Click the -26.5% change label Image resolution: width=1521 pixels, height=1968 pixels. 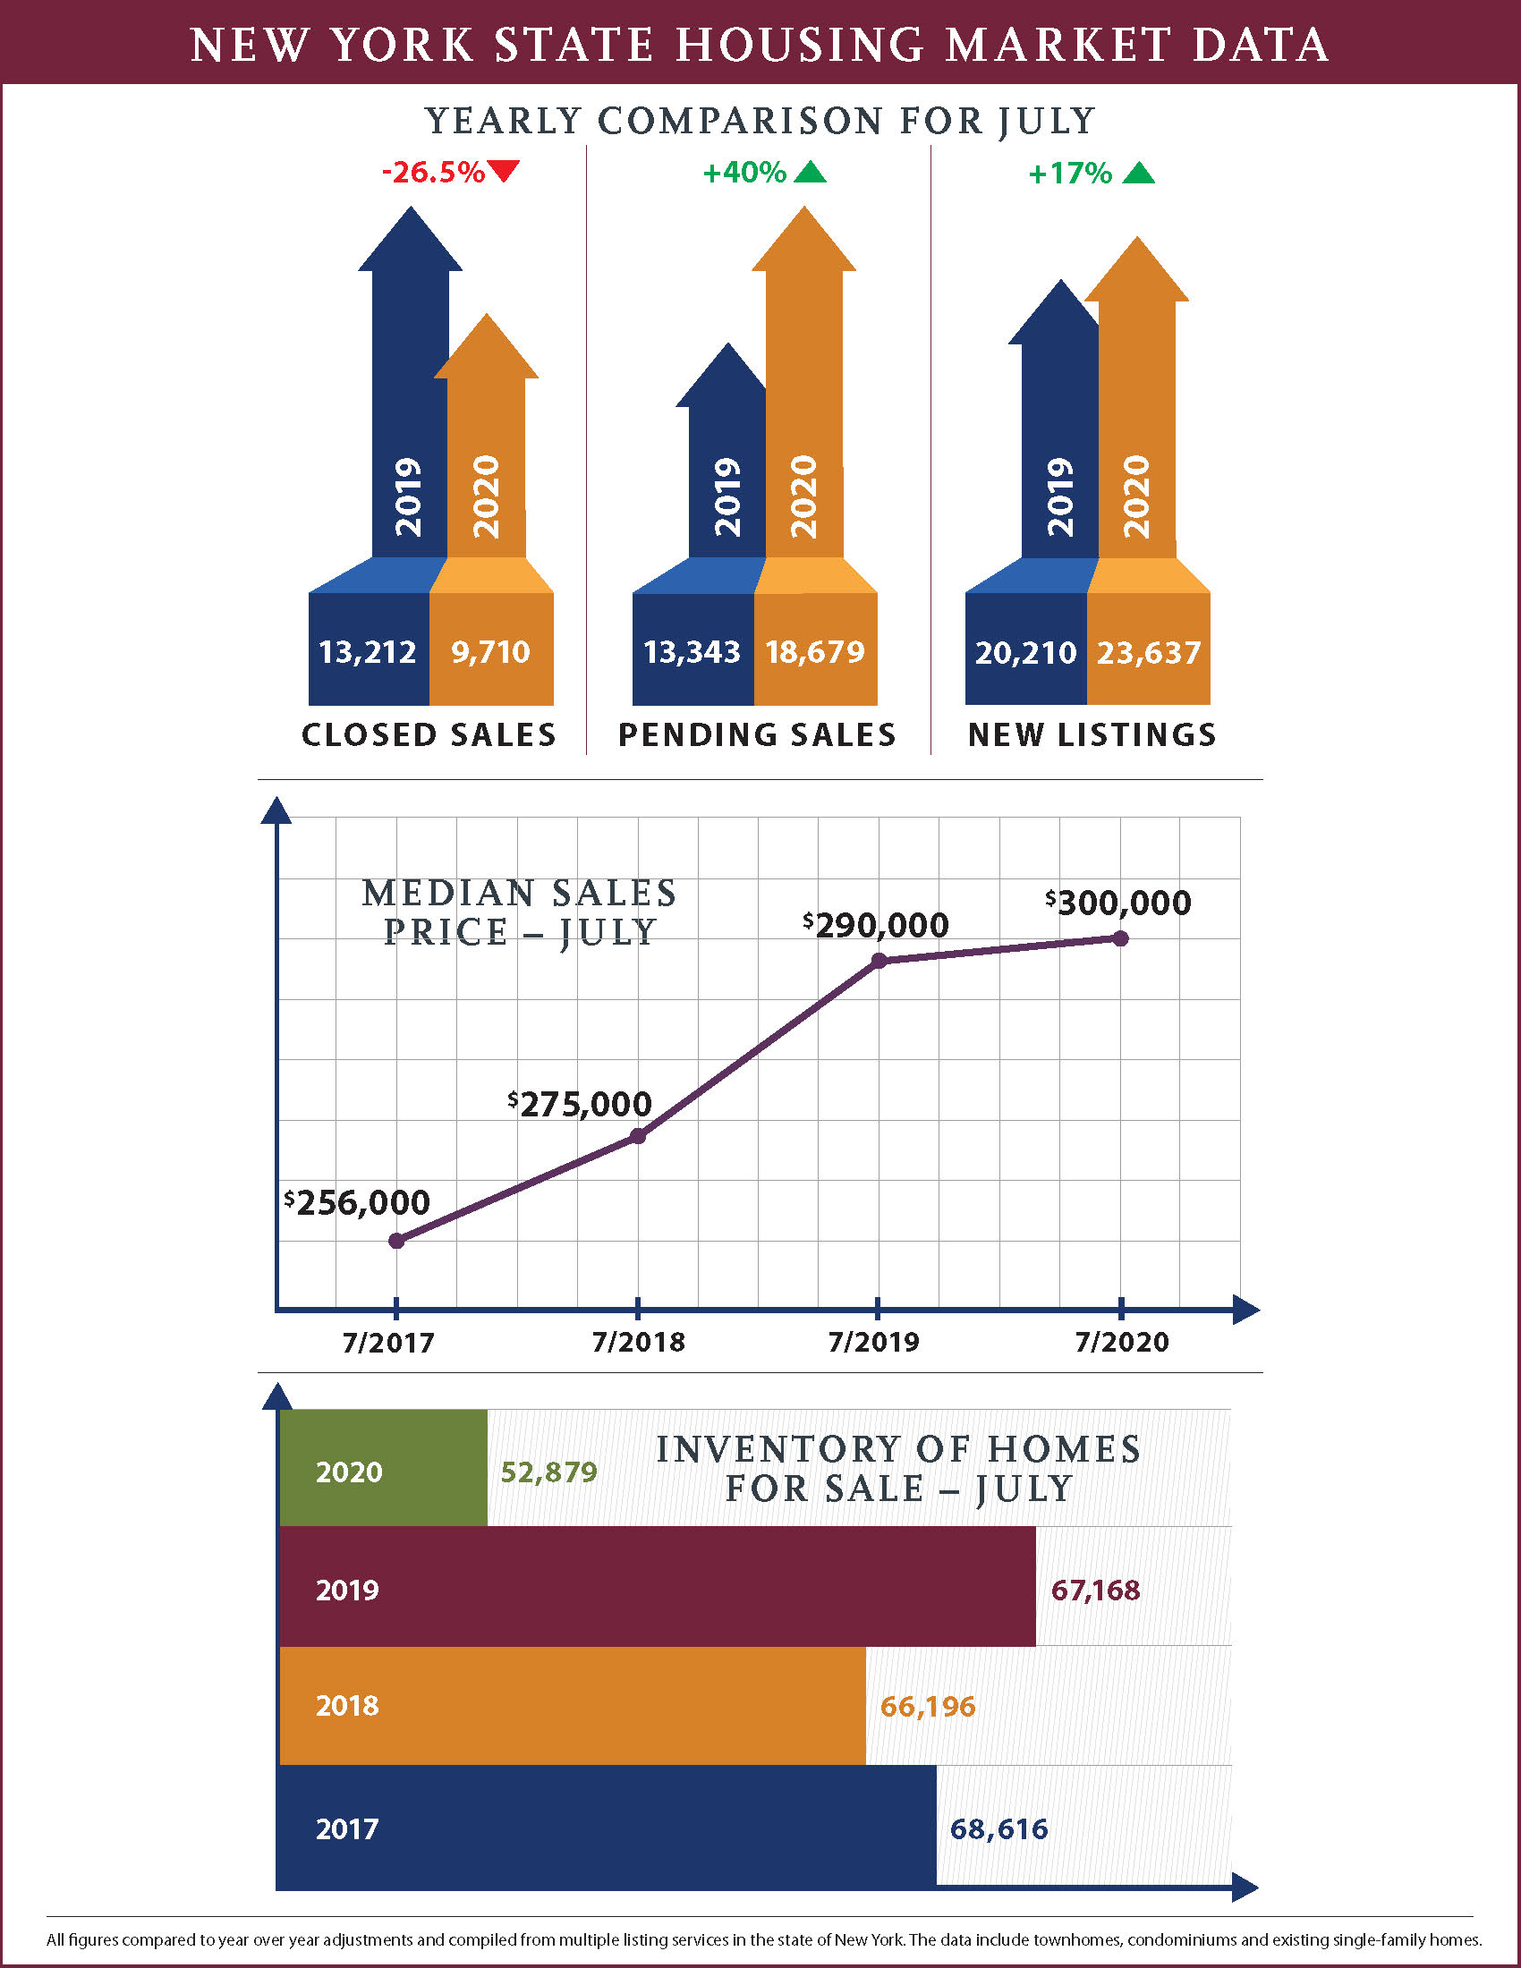click(x=433, y=171)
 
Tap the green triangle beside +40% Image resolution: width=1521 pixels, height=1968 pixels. click(x=810, y=172)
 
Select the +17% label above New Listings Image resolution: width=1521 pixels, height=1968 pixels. click(x=1070, y=173)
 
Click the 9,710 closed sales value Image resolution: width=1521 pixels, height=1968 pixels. click(x=491, y=651)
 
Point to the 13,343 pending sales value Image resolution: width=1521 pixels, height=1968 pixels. click(x=691, y=651)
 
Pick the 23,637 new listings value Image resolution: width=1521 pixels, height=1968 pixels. click(x=1148, y=652)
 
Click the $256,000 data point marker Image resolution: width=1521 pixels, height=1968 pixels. click(x=396, y=1241)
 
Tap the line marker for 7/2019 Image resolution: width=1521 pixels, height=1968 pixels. click(x=879, y=961)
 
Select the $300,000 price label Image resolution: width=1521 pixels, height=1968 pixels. click(x=1118, y=902)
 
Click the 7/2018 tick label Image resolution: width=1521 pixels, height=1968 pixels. click(x=638, y=1342)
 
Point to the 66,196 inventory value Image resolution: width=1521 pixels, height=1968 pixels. click(x=927, y=1706)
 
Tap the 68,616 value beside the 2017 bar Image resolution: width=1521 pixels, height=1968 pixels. click(x=998, y=1828)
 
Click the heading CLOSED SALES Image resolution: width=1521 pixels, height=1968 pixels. click(x=429, y=734)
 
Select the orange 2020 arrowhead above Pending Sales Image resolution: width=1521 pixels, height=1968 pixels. click(x=803, y=243)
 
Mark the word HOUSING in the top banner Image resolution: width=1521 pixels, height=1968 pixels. click(x=800, y=44)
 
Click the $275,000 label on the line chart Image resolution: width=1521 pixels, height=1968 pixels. click(x=580, y=1104)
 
